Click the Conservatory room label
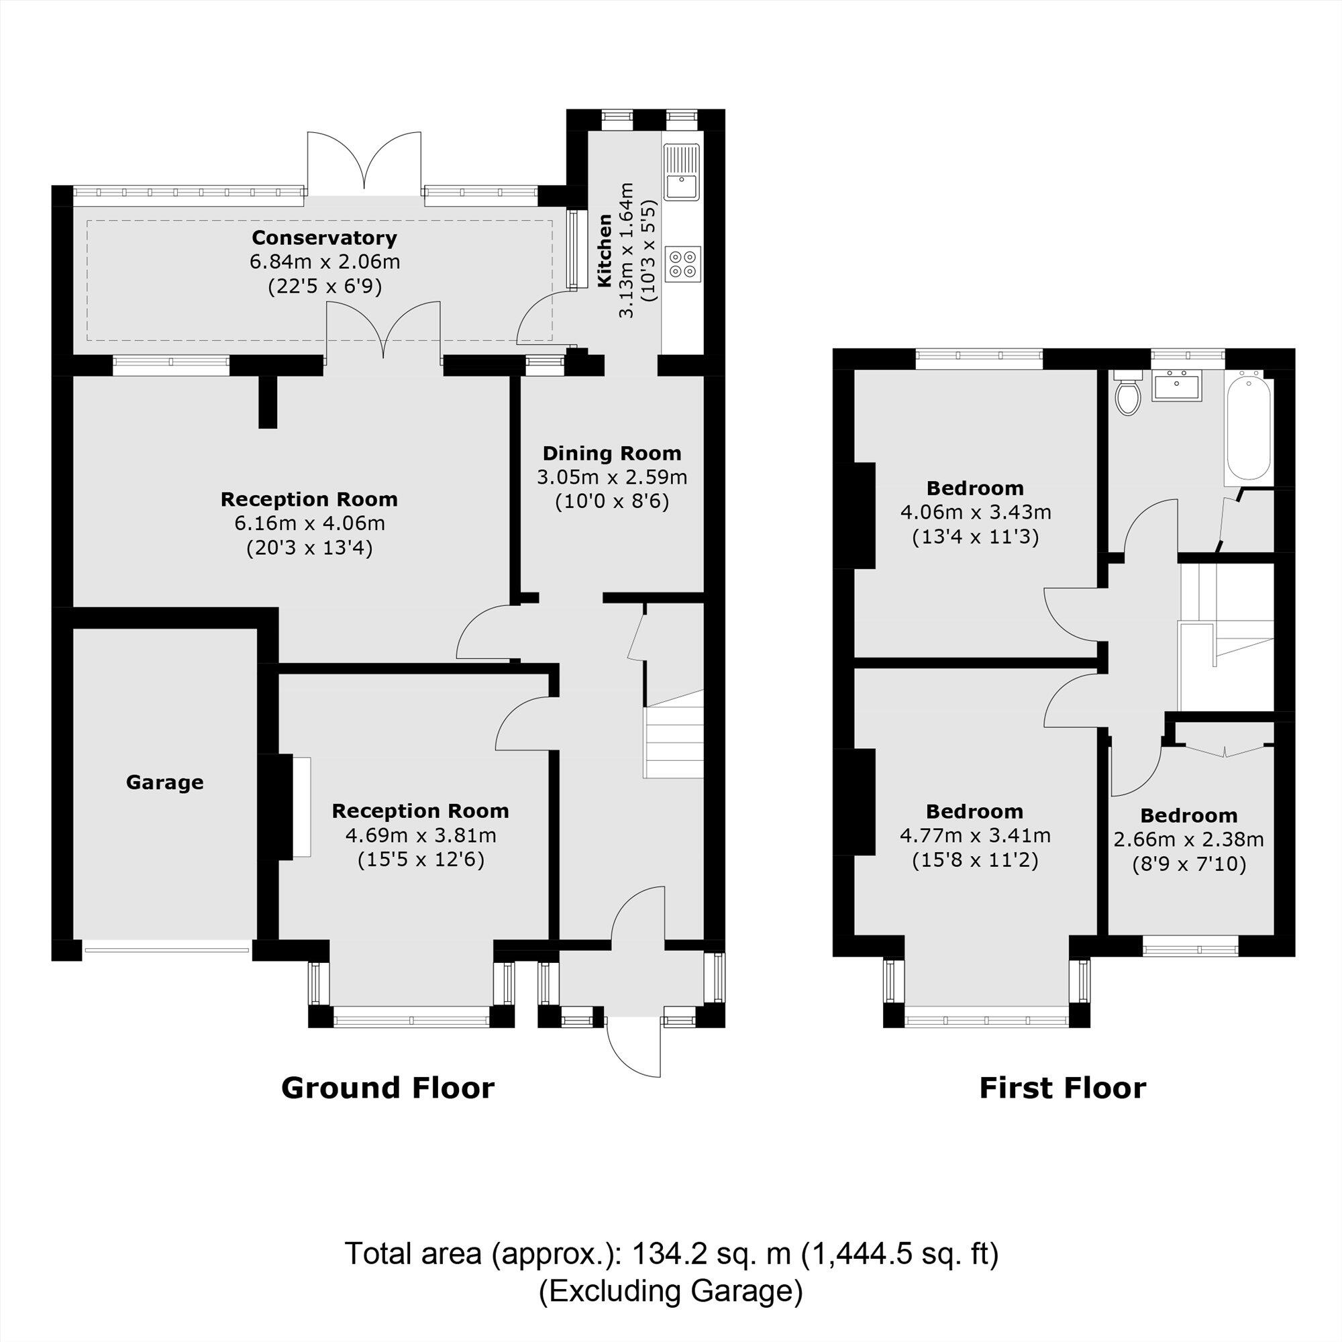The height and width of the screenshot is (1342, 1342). coord(324,238)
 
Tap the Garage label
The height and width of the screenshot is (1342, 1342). coord(164,782)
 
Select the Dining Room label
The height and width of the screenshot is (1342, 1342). coord(611,454)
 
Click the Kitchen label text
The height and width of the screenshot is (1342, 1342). coord(605,251)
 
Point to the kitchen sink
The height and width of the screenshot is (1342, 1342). coord(682,172)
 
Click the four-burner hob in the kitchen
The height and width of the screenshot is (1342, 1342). coord(682,263)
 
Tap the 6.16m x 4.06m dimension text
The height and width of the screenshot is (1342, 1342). coord(310,523)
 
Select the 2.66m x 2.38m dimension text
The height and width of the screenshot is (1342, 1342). coord(1188,839)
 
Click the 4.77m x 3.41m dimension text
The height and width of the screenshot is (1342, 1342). coord(974,835)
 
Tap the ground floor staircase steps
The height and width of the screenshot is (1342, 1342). coord(674,743)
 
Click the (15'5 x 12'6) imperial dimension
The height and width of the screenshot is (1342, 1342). coord(420,860)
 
